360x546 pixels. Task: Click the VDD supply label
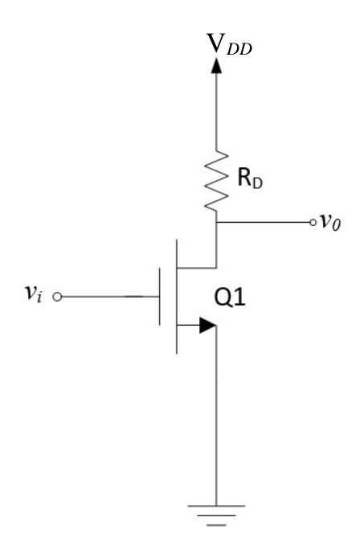(229, 44)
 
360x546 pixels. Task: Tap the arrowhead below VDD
(216, 65)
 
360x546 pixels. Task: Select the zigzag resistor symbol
(216, 181)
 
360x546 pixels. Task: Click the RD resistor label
(250, 178)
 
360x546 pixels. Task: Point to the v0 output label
(330, 221)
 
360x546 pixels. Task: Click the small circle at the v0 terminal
(313, 222)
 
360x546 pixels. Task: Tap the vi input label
(34, 293)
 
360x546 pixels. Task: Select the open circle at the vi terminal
(57, 297)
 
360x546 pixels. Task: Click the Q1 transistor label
(230, 298)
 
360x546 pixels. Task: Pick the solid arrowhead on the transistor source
(207, 325)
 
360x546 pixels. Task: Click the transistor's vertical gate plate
(160, 297)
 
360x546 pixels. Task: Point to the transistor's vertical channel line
(177, 297)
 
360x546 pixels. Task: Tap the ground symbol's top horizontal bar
(216, 506)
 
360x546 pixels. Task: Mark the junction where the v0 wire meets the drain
(216, 222)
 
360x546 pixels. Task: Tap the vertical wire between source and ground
(216, 416)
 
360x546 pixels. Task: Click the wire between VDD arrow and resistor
(216, 112)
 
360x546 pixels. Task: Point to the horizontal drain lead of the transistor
(197, 268)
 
